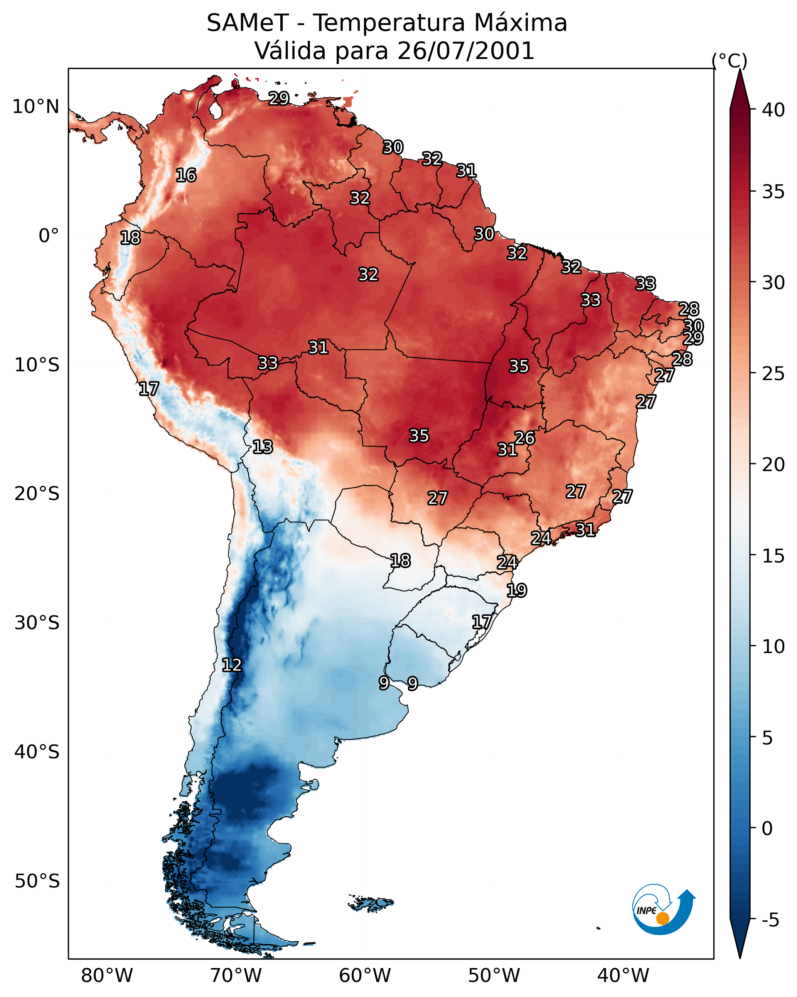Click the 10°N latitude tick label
point(35,107)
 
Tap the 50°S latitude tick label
point(37,881)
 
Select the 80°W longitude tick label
point(107,976)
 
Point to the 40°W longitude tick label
point(623,976)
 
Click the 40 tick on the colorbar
point(773,110)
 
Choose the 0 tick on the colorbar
point(767,829)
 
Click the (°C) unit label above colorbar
point(729,61)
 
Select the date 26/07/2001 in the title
point(466,51)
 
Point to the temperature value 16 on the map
point(186,175)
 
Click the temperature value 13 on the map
point(263,447)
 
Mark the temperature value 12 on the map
point(232,665)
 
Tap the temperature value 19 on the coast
point(517,590)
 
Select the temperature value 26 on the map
point(524,438)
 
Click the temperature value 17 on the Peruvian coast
point(149,389)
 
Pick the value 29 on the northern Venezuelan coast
point(279,98)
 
